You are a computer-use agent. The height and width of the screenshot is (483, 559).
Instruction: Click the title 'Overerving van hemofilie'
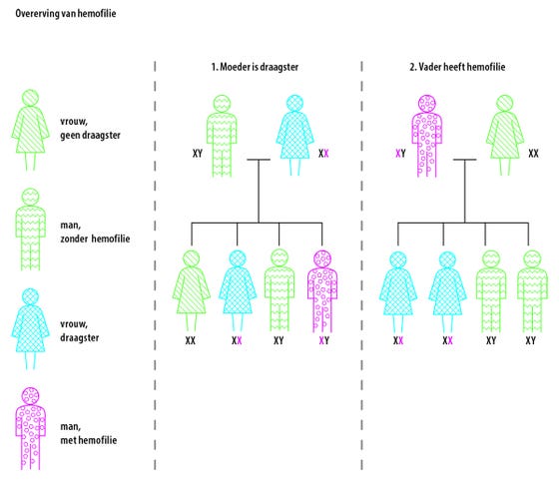[x=66, y=14]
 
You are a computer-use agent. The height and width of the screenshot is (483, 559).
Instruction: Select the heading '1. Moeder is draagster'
[x=255, y=67]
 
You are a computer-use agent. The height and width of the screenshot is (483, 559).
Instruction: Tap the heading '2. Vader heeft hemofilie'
[x=457, y=67]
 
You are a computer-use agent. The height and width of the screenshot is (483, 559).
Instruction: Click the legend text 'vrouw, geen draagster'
[x=90, y=128]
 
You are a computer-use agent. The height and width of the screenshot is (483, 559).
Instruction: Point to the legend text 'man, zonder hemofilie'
[x=95, y=232]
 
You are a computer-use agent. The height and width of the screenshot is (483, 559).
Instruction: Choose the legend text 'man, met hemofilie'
[x=89, y=433]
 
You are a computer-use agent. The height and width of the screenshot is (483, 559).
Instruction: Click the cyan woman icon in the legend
[x=30, y=328]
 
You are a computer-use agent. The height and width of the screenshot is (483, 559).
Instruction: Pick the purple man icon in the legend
[x=30, y=428]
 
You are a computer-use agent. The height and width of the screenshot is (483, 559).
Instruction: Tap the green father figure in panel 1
[x=222, y=136]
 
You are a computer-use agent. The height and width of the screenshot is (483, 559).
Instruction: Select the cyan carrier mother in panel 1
[x=294, y=135]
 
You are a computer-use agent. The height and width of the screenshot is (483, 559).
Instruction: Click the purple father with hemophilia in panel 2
[x=427, y=136]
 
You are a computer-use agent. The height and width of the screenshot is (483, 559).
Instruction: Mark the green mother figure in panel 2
[x=505, y=135]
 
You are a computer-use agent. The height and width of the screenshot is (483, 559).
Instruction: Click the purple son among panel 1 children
[x=322, y=291]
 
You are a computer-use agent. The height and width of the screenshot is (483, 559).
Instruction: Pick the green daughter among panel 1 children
[x=191, y=290]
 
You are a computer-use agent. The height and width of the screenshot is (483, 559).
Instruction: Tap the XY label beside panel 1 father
[x=198, y=154]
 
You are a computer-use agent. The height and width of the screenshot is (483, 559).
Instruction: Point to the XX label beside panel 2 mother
[x=533, y=154]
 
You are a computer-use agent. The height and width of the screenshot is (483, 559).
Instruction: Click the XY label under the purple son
[x=324, y=340]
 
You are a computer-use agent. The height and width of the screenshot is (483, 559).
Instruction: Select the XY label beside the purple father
[x=400, y=154]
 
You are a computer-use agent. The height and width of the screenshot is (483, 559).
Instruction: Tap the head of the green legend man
[x=30, y=197]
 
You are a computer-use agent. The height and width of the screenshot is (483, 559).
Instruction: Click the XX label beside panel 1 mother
[x=323, y=154]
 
